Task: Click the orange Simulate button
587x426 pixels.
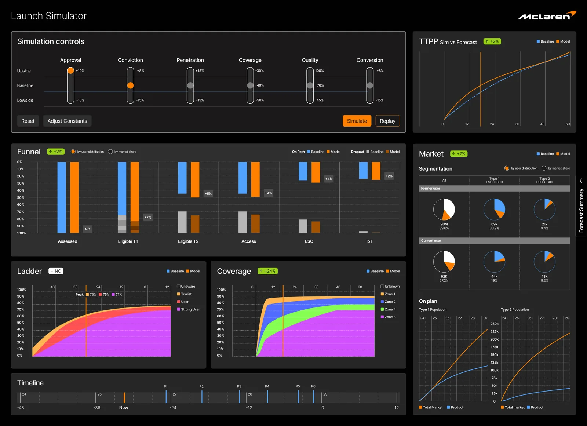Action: [x=357, y=121]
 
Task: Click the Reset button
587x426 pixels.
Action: [x=28, y=121]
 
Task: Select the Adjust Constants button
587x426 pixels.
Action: [x=68, y=121]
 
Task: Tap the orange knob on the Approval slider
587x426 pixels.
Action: [x=70, y=70]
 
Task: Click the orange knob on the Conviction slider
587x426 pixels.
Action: [x=130, y=85]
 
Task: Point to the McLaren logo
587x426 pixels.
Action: [x=547, y=16]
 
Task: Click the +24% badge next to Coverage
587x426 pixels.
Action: [x=268, y=271]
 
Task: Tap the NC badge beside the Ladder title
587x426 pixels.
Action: [x=56, y=271]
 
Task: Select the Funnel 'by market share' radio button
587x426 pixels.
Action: [x=110, y=152]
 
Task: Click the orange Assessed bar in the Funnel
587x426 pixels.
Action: [x=74, y=197]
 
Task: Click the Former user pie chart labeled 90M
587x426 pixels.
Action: [x=444, y=209]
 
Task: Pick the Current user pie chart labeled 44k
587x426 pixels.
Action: [x=494, y=261]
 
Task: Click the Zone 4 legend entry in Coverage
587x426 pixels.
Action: [x=388, y=309]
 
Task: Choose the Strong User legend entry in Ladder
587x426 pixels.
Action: [x=189, y=309]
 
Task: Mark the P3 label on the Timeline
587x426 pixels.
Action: [x=239, y=386]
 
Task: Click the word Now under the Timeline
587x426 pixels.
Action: [x=124, y=407]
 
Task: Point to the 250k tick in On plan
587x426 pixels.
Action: [x=494, y=324]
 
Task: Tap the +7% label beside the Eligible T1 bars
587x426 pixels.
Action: [x=148, y=217]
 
